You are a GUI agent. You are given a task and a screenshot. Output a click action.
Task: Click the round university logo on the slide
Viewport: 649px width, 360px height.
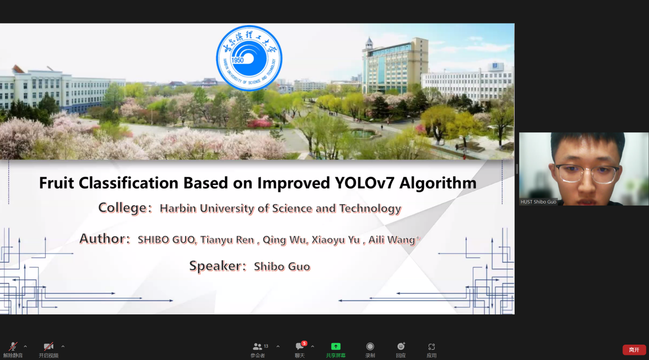pyautogui.click(x=249, y=58)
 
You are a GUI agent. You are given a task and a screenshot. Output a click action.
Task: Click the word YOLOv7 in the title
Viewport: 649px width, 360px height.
pyautogui.click(x=365, y=183)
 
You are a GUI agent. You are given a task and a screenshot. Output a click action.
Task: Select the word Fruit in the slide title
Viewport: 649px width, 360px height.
pyautogui.click(x=56, y=183)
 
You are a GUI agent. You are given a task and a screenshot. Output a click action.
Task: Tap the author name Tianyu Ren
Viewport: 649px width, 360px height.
pyautogui.click(x=227, y=239)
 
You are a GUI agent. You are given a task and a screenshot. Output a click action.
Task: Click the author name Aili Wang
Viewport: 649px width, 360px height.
pyautogui.click(x=392, y=239)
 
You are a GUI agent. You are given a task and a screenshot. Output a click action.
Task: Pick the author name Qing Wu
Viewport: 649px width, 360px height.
pyautogui.click(x=284, y=239)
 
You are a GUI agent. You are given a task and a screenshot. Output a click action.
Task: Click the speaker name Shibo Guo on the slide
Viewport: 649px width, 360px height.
pyautogui.click(x=282, y=267)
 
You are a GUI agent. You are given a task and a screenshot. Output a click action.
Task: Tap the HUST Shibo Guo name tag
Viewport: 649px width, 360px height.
pyautogui.click(x=538, y=202)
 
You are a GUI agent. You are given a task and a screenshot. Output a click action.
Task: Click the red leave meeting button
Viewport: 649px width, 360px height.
pyautogui.click(x=634, y=350)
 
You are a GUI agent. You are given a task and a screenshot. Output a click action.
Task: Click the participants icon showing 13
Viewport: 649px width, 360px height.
pyautogui.click(x=257, y=346)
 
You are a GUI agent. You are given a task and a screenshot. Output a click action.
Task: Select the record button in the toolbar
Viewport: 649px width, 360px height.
pyautogui.click(x=370, y=346)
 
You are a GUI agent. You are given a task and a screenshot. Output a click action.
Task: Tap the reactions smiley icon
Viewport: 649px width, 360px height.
pyautogui.click(x=401, y=346)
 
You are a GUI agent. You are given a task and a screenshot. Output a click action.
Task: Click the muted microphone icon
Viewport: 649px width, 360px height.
pyautogui.click(x=13, y=346)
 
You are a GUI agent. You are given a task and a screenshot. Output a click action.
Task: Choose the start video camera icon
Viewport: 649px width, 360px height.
pyautogui.click(x=48, y=346)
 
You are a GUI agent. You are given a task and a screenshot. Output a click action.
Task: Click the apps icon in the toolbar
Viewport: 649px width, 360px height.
pyautogui.click(x=432, y=347)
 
